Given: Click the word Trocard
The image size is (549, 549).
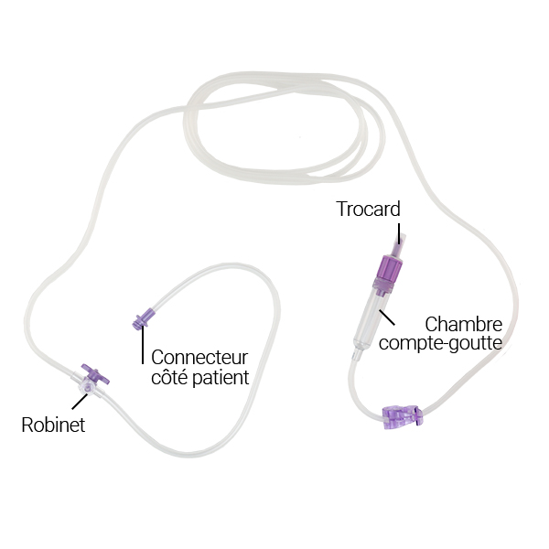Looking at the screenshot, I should point(368,210).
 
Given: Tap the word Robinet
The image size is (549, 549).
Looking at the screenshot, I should point(54,425).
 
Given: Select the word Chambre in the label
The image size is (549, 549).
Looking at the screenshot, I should point(464,325).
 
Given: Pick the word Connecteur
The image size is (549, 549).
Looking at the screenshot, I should point(199,358).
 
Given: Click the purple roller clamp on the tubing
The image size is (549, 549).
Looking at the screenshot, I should point(404,418).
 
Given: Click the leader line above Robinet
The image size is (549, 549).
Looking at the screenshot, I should point(80,404).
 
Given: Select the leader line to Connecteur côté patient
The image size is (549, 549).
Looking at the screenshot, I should point(142,347).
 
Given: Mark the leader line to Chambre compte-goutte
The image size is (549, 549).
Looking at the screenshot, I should point(388,318).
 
